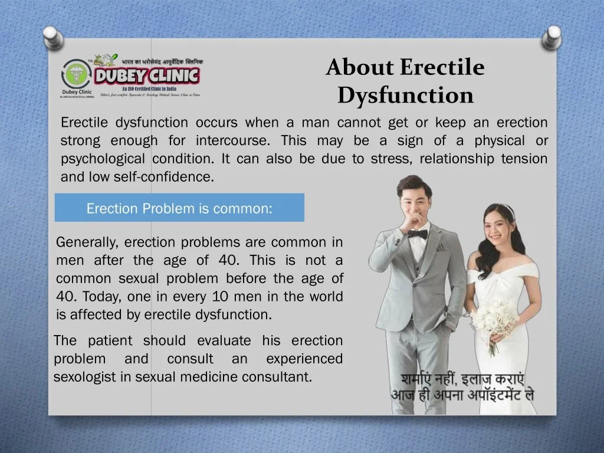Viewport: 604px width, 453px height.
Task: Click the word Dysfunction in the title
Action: (x=406, y=96)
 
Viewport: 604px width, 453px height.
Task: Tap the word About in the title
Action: (x=360, y=67)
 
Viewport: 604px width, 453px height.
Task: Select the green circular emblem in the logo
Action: (x=75, y=75)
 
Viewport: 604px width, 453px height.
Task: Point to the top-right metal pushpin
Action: (x=553, y=36)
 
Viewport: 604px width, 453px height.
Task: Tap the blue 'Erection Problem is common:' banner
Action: (x=179, y=208)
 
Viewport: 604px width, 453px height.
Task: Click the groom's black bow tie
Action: (x=417, y=234)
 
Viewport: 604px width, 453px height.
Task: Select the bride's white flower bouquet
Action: (x=494, y=319)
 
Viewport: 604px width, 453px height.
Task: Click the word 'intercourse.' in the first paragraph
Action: (x=234, y=141)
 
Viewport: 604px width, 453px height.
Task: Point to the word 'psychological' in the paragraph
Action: (x=102, y=159)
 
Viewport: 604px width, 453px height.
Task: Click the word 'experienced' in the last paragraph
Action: (x=304, y=359)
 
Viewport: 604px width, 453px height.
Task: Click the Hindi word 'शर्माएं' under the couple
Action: (x=421, y=379)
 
